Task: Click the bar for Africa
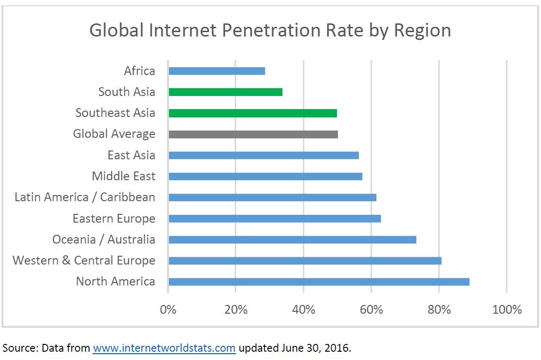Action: click(217, 71)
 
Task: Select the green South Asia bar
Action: click(225, 92)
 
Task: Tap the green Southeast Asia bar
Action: click(253, 113)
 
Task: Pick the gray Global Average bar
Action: click(253, 134)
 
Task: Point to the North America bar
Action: click(319, 282)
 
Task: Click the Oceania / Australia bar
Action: click(292, 240)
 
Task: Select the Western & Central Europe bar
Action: click(305, 261)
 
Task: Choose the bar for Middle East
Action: click(265, 176)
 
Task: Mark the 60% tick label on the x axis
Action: click(372, 309)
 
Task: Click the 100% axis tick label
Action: click(507, 309)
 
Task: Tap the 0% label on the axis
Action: click(168, 309)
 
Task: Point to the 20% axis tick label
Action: click(236, 309)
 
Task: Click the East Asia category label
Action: click(131, 155)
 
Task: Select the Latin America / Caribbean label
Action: click(85, 197)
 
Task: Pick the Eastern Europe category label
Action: click(114, 219)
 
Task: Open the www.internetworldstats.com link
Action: click(164, 348)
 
